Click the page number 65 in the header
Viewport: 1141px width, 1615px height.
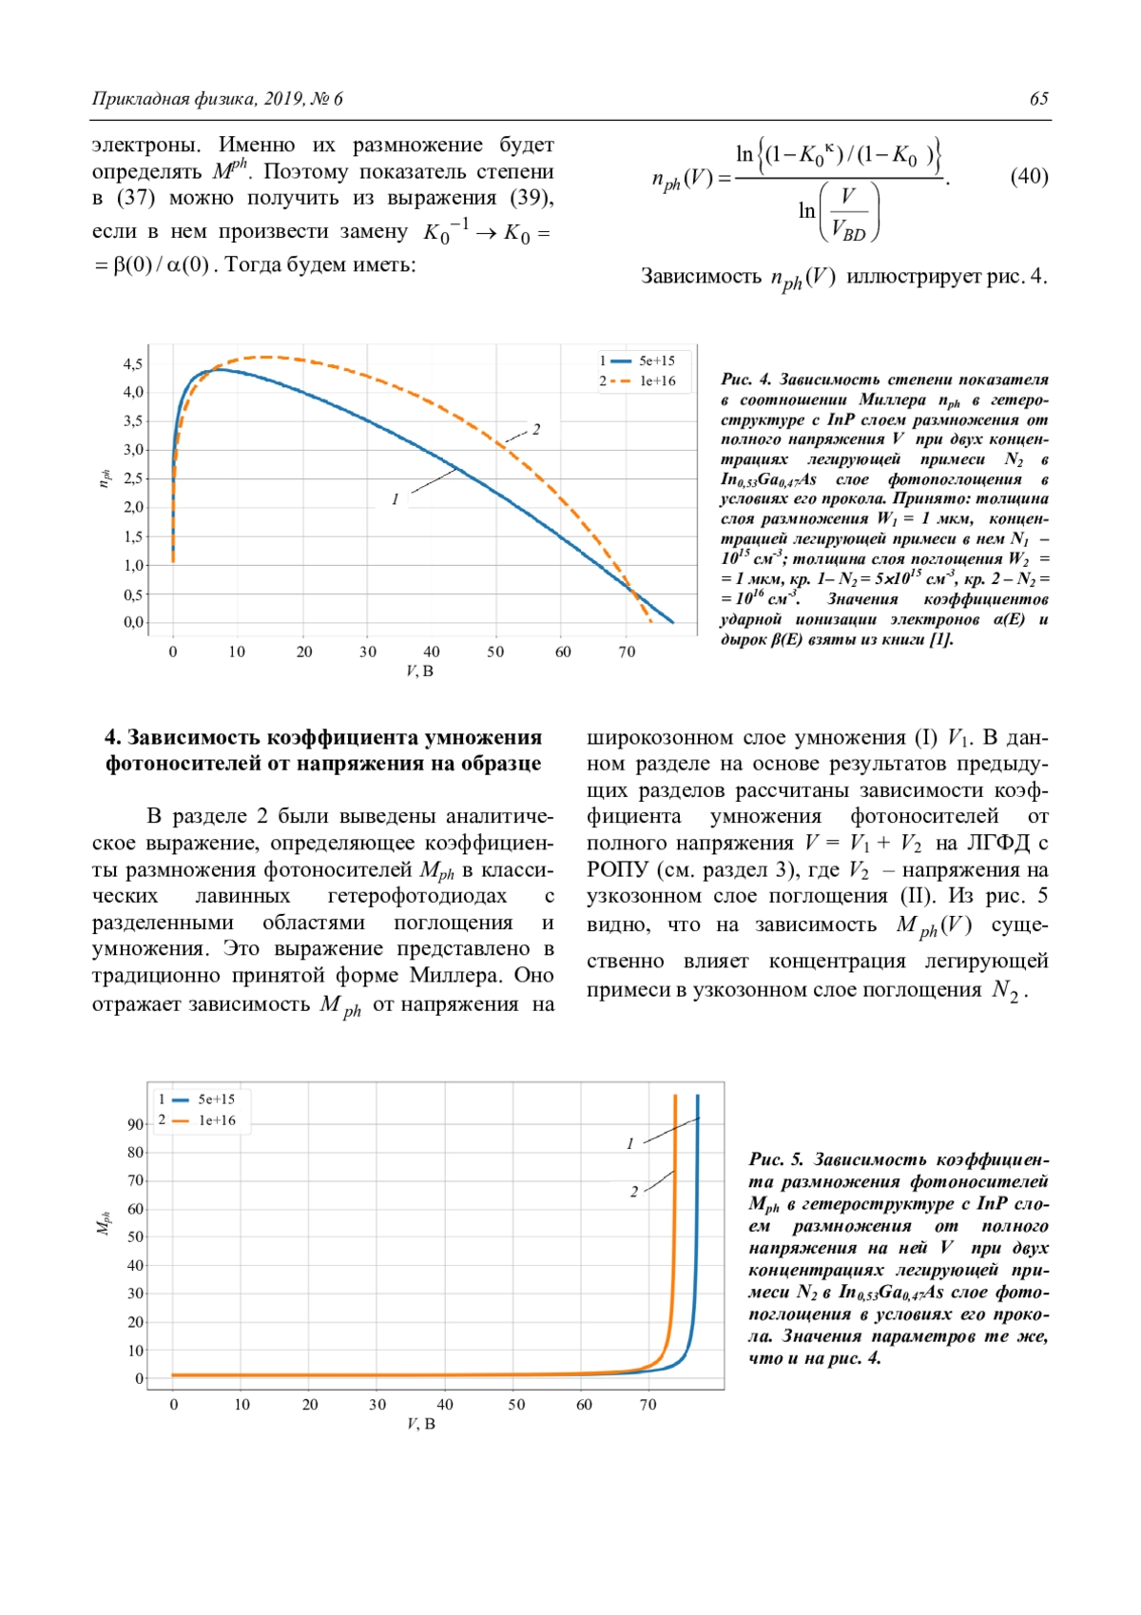[x=1038, y=99]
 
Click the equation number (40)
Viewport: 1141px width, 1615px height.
[x=1029, y=177]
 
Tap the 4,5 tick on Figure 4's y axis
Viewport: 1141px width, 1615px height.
[x=133, y=364]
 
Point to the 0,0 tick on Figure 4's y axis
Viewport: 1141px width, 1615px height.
[x=133, y=623]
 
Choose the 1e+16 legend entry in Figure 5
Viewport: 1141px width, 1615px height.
[x=217, y=1120]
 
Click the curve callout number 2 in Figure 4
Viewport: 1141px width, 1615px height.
[x=536, y=430]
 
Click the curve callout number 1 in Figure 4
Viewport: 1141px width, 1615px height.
[x=395, y=499]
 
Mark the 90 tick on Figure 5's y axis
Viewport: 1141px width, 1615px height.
[x=135, y=1124]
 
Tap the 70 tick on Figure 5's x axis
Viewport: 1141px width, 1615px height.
[x=648, y=1405]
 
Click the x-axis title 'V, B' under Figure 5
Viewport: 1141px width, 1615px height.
[x=420, y=1424]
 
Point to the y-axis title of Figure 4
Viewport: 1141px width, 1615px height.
[x=105, y=479]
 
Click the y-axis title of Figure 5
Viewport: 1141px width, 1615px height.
[x=104, y=1224]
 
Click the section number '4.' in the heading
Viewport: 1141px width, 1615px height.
[x=113, y=738]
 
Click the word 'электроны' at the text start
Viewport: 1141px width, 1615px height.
[x=145, y=146]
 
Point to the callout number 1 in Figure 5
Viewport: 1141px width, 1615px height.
[x=629, y=1143]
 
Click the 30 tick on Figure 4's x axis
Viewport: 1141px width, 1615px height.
[x=368, y=652]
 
